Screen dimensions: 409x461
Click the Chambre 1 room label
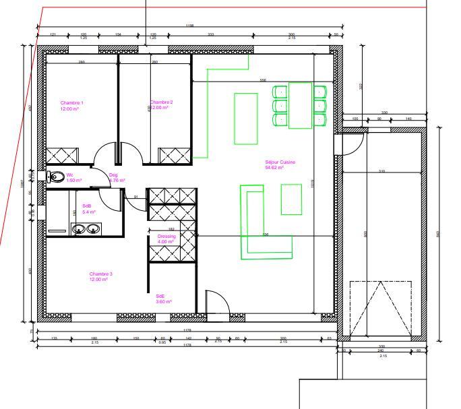72,102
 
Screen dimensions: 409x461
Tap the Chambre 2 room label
162,102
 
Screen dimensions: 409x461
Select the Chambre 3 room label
101,274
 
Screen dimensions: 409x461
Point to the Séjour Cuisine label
280,162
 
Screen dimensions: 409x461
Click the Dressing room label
166,237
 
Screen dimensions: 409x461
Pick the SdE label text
160,296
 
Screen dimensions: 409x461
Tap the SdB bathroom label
88,206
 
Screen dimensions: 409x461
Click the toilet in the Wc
57,178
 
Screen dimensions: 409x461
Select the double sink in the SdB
86,230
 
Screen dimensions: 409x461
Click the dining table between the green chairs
300,105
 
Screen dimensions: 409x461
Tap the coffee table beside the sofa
291,199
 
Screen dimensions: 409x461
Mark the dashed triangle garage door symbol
381,308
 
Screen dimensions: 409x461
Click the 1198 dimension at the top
189,26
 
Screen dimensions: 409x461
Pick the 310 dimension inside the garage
381,171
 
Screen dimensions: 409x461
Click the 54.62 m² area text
274,167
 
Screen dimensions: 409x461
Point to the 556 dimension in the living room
263,80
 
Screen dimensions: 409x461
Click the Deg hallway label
113,175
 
